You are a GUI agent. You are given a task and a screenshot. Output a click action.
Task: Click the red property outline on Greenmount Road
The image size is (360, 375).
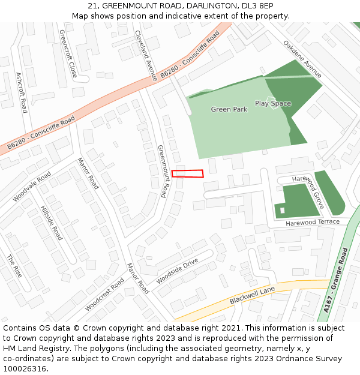tap(187, 174)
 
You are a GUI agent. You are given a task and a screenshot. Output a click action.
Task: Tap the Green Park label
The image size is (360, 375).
tap(229, 110)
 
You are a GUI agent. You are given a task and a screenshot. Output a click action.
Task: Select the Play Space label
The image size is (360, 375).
tap(272, 103)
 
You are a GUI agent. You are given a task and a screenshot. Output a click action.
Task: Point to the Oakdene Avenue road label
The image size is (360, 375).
tap(302, 59)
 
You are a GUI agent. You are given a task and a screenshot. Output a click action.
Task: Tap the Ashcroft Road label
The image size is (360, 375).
tap(21, 92)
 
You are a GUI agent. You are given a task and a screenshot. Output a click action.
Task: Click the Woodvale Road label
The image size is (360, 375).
tap(32, 187)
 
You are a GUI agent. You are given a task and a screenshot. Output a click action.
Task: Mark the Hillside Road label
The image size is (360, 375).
tap(51, 223)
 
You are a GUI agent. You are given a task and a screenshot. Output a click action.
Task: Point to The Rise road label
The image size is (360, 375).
tap(14, 266)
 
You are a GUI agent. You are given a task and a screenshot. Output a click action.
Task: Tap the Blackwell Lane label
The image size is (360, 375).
tap(252, 295)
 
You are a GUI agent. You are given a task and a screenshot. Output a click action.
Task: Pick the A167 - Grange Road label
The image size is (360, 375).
tap(336, 280)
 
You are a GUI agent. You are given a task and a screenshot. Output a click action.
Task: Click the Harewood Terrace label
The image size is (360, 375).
tap(312, 222)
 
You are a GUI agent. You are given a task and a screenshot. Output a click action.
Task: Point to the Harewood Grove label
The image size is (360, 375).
tap(308, 191)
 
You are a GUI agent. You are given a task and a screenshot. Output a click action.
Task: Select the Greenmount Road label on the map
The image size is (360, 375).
tap(162, 170)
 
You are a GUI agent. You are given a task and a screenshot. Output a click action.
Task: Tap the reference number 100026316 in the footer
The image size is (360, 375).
tap(25, 368)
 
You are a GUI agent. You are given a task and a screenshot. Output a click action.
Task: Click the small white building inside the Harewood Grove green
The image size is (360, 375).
tap(282, 210)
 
